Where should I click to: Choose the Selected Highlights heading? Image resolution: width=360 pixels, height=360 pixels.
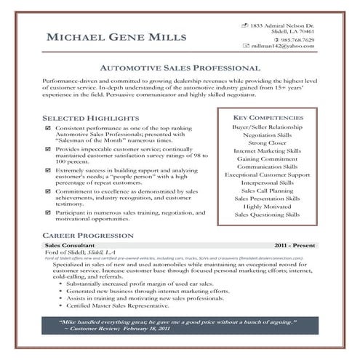[90, 116]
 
